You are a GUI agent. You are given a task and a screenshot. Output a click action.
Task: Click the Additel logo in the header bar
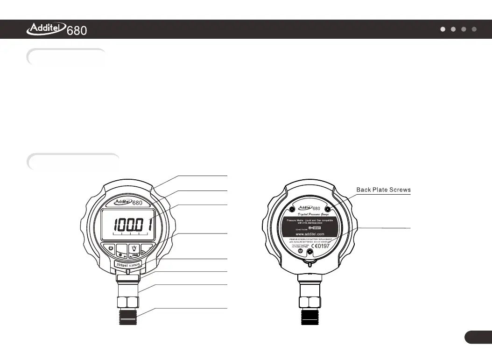pyautogui.click(x=47, y=29)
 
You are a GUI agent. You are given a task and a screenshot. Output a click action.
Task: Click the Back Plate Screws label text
pyautogui.click(x=383, y=190)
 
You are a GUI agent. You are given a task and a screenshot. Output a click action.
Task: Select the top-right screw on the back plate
pyautogui.click(x=328, y=208)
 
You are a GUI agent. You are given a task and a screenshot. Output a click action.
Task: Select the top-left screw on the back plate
pyautogui.click(x=292, y=208)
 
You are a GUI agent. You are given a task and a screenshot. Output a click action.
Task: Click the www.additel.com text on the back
pyautogui.click(x=310, y=234)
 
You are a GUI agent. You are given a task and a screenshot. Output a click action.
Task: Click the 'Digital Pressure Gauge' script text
pyautogui.click(x=310, y=213)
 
